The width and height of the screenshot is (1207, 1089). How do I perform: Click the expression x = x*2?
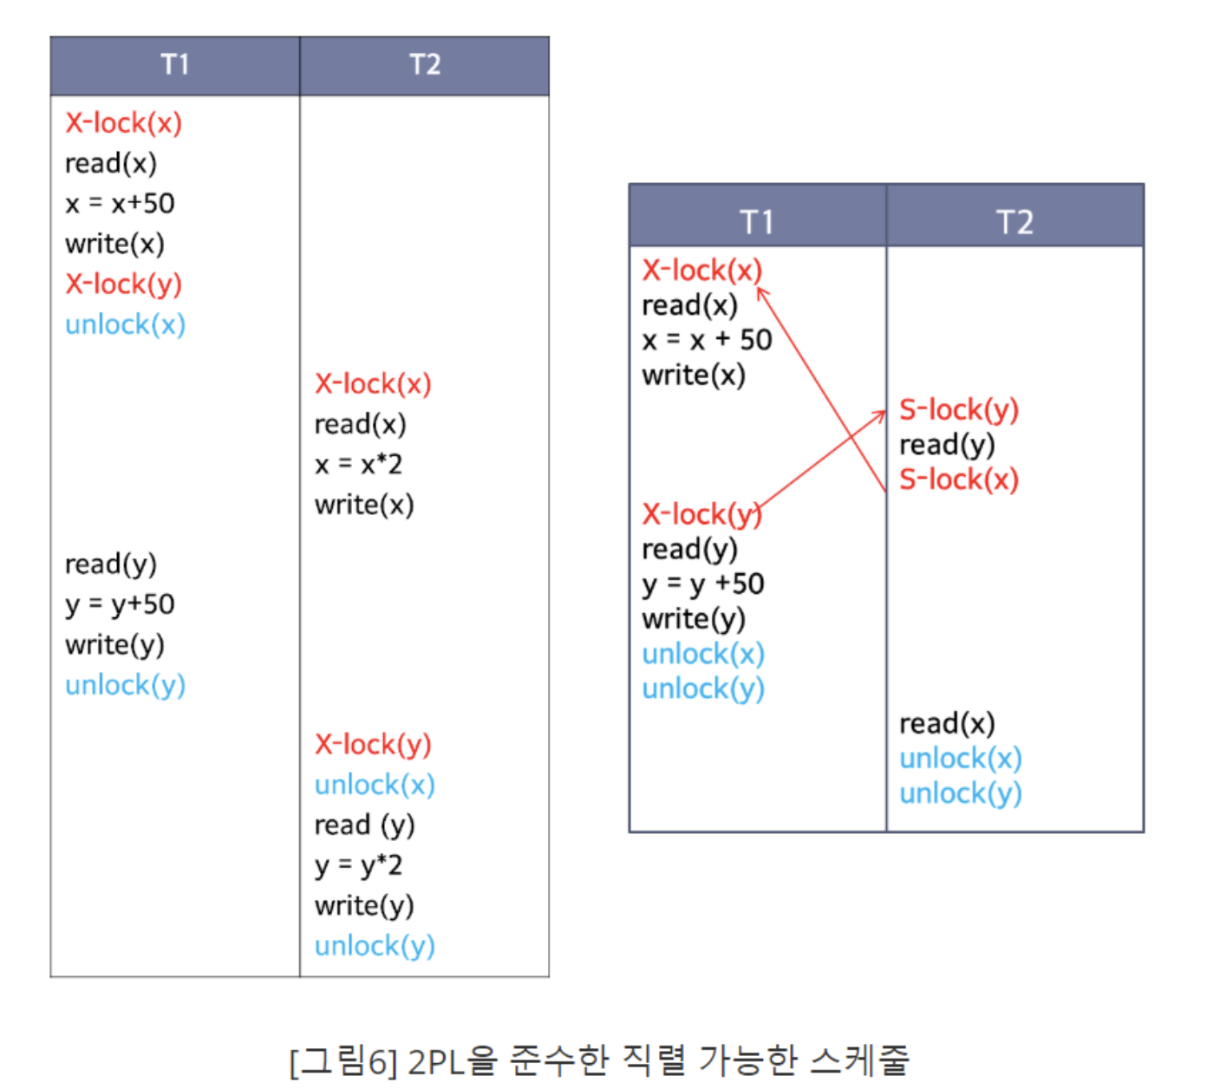pyautogui.click(x=358, y=465)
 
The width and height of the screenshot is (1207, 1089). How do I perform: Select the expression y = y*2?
pyautogui.click(x=358, y=865)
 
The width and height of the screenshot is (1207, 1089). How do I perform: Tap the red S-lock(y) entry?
pyautogui.click(x=958, y=409)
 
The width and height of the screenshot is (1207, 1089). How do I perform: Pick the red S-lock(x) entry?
pyautogui.click(x=958, y=479)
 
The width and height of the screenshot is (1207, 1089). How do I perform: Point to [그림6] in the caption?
pyautogui.click(x=343, y=1060)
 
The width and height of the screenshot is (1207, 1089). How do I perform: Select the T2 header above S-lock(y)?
pyautogui.click(x=1015, y=222)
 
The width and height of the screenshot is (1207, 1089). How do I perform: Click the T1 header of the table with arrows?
pyautogui.click(x=757, y=222)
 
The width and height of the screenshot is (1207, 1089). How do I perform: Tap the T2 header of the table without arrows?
pyautogui.click(x=425, y=65)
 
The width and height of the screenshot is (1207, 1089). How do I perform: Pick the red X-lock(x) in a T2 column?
pyautogui.click(x=373, y=384)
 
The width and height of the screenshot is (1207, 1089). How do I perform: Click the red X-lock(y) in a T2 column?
pyautogui.click(x=373, y=745)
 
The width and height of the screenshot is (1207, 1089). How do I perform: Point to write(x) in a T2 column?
pyautogui.click(x=364, y=505)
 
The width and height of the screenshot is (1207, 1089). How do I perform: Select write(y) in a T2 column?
pyautogui.click(x=364, y=906)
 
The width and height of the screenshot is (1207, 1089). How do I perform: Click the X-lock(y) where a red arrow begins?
pyautogui.click(x=701, y=514)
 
